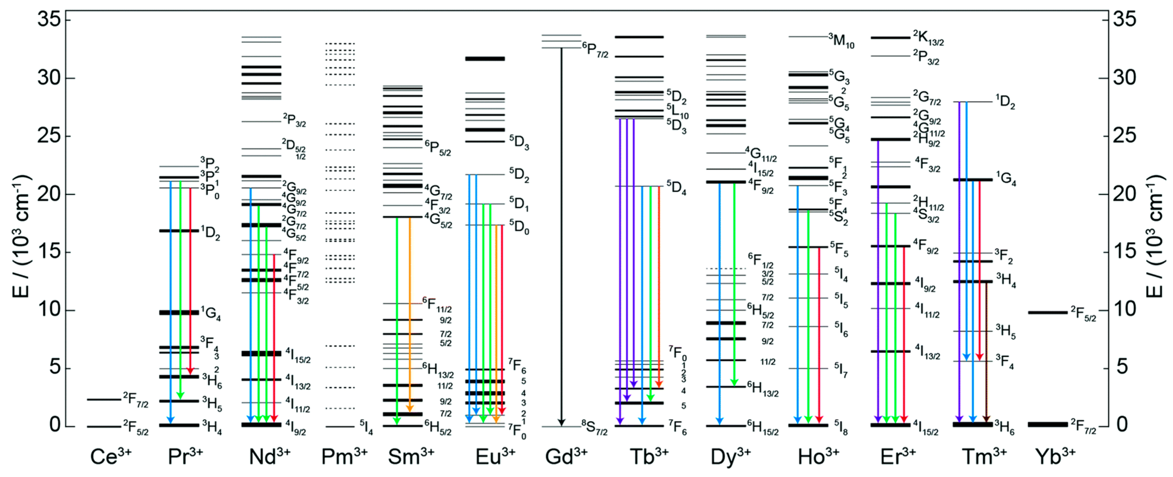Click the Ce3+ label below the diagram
(x=111, y=456)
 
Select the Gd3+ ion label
(x=566, y=456)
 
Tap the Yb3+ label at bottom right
(x=1055, y=456)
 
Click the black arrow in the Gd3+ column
(x=562, y=237)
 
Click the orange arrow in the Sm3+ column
(x=409, y=314)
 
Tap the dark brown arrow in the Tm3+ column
(x=986, y=351)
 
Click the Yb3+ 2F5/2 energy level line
(x=1047, y=312)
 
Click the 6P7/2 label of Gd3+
(x=595, y=49)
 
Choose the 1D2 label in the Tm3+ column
(x=1005, y=102)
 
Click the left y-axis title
(x=20, y=237)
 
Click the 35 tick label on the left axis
(x=49, y=20)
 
